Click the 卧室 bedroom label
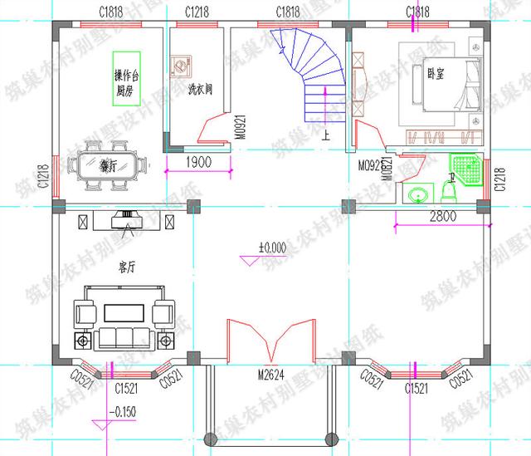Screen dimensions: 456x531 pyautogui.click(x=435, y=73)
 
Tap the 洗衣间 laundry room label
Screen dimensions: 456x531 pyautogui.click(x=200, y=89)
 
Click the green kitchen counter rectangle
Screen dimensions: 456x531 pyautogui.click(x=124, y=78)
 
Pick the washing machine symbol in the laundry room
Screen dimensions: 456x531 pyautogui.click(x=181, y=66)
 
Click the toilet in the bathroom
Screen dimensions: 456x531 pyautogui.click(x=450, y=192)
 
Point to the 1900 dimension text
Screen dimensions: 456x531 pyautogui.click(x=197, y=161)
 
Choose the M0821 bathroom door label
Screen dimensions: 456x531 pyautogui.click(x=387, y=169)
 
